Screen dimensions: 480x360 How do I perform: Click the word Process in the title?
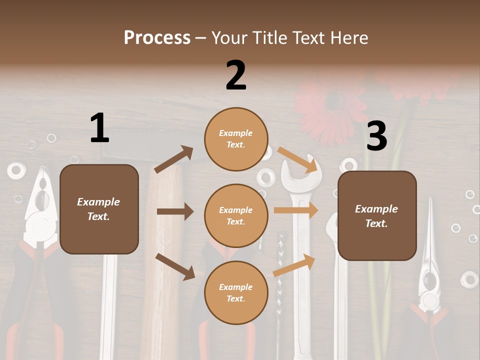tap(157, 38)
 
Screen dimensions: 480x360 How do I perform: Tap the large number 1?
tap(99, 128)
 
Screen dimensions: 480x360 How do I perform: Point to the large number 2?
tap(236, 75)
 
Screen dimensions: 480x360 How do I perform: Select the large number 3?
tap(376, 136)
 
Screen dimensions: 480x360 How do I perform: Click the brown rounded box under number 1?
tap(99, 209)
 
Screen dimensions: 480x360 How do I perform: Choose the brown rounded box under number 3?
tap(377, 216)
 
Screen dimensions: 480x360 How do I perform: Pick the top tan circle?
tap(236, 139)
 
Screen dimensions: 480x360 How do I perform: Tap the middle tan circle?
tap(236, 215)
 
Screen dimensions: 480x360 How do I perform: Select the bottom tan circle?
tap(236, 292)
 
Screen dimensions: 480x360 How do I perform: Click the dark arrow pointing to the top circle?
tap(174, 159)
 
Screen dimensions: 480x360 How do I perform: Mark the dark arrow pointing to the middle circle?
tap(175, 211)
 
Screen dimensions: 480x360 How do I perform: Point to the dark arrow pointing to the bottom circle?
tap(175, 266)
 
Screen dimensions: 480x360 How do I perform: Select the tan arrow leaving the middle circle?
tap(296, 210)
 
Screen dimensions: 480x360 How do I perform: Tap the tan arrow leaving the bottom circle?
tap(294, 265)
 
